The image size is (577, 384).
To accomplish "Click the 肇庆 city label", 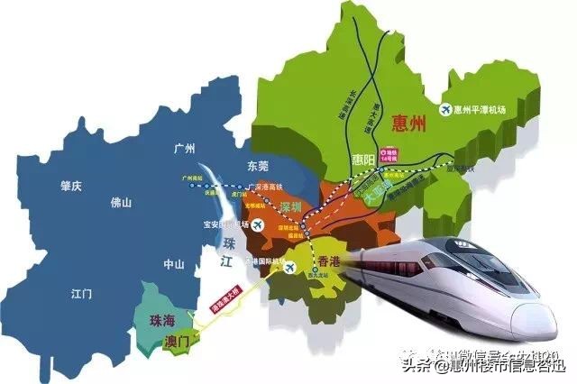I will click(x=70, y=186).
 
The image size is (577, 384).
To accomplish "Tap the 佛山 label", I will click(x=120, y=203).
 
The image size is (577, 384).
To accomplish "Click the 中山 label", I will click(x=171, y=264).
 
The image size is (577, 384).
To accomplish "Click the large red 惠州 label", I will click(x=408, y=125).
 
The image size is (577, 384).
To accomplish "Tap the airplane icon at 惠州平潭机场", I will click(x=444, y=110).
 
